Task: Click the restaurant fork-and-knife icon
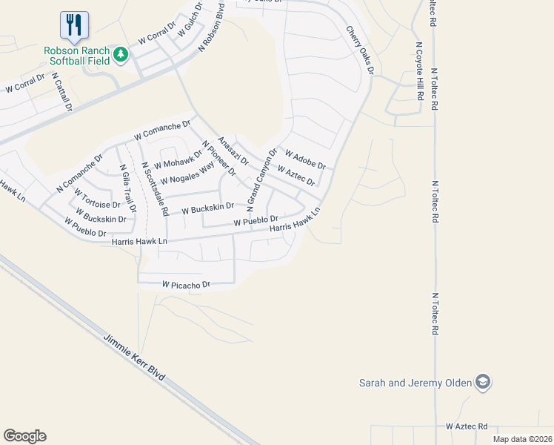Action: pos(74,26)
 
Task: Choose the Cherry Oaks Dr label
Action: pos(360,50)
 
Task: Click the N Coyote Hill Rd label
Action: pos(418,72)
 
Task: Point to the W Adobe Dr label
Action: pos(305,160)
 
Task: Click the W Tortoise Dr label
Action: pos(97,199)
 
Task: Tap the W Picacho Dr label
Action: pos(187,284)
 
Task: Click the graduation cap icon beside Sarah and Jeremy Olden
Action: pos(484,383)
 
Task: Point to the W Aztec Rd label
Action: pos(467,426)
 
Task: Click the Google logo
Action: pos(24,436)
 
